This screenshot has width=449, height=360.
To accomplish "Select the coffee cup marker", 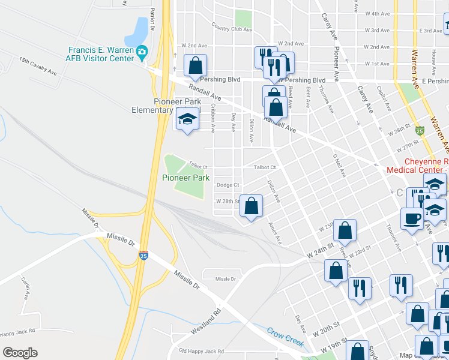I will click(412, 219).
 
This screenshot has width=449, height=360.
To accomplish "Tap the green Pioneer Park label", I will click(185, 178).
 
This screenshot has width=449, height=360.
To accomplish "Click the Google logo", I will click(20, 352).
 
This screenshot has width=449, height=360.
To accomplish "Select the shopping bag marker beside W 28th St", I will click(252, 206).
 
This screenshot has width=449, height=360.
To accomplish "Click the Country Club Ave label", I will click(231, 28).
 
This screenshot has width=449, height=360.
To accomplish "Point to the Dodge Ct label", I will click(228, 185).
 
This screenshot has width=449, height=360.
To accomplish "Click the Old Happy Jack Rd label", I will click(201, 351).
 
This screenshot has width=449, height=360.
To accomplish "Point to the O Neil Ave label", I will click(339, 164).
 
